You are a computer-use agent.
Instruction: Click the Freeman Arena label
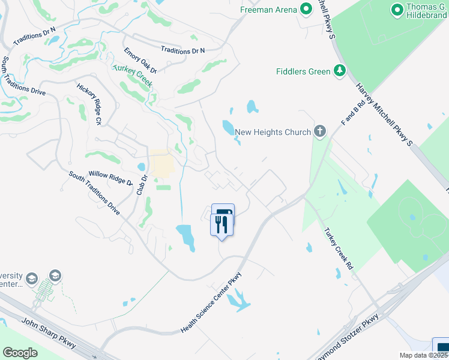[x=268, y=10]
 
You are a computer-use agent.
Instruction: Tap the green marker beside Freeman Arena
[x=306, y=9]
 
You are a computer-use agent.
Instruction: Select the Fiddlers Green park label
[x=303, y=71]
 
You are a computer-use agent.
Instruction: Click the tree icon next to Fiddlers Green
[x=340, y=71]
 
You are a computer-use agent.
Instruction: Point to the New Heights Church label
[x=273, y=132]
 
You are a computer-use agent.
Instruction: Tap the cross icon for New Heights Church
[x=320, y=131]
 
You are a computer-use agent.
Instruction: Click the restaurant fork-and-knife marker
[x=221, y=225]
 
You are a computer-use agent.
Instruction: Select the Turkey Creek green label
[x=131, y=76]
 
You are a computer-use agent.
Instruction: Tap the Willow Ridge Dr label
[x=110, y=178]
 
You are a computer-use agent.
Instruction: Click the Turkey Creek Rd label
[x=339, y=250]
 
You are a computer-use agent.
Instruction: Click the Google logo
[x=20, y=353]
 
